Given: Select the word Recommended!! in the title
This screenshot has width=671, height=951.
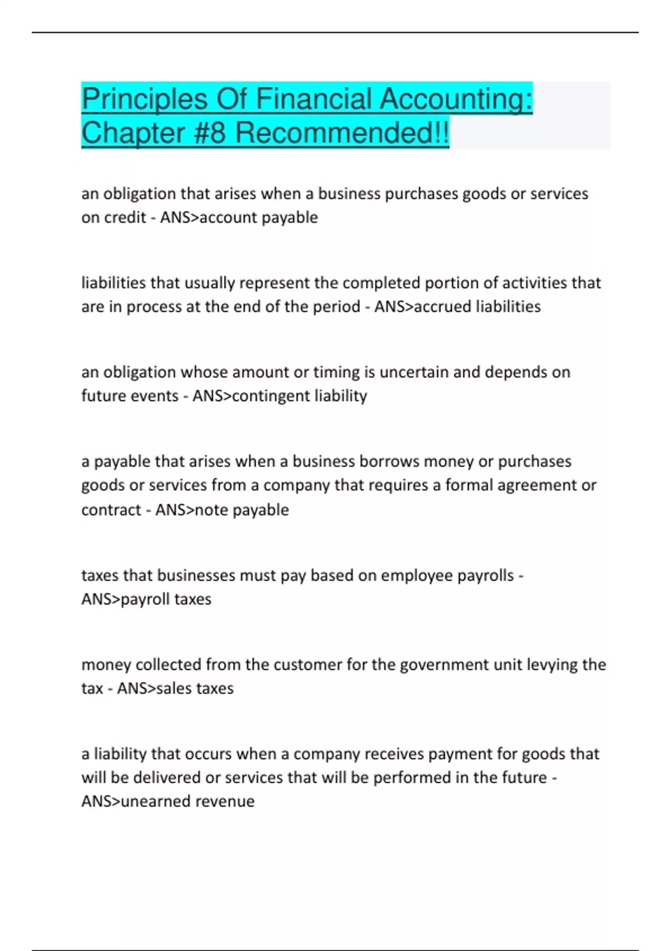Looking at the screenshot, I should [x=342, y=133].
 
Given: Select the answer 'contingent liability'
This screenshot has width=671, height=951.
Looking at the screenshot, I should [x=299, y=396].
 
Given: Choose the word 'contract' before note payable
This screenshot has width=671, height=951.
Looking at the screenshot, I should [x=111, y=510].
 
